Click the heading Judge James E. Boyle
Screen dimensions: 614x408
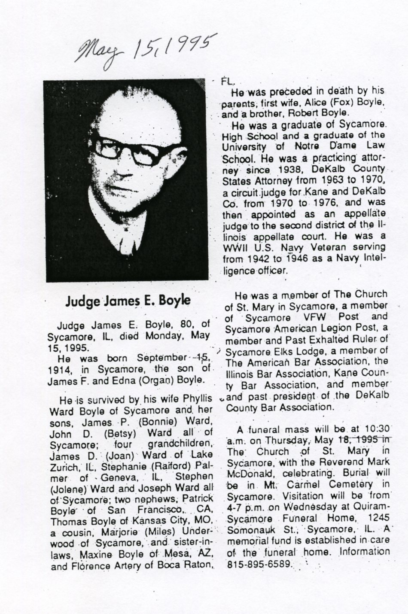(x=128, y=300)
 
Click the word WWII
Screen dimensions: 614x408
(x=235, y=248)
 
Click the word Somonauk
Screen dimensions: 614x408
(x=247, y=529)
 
